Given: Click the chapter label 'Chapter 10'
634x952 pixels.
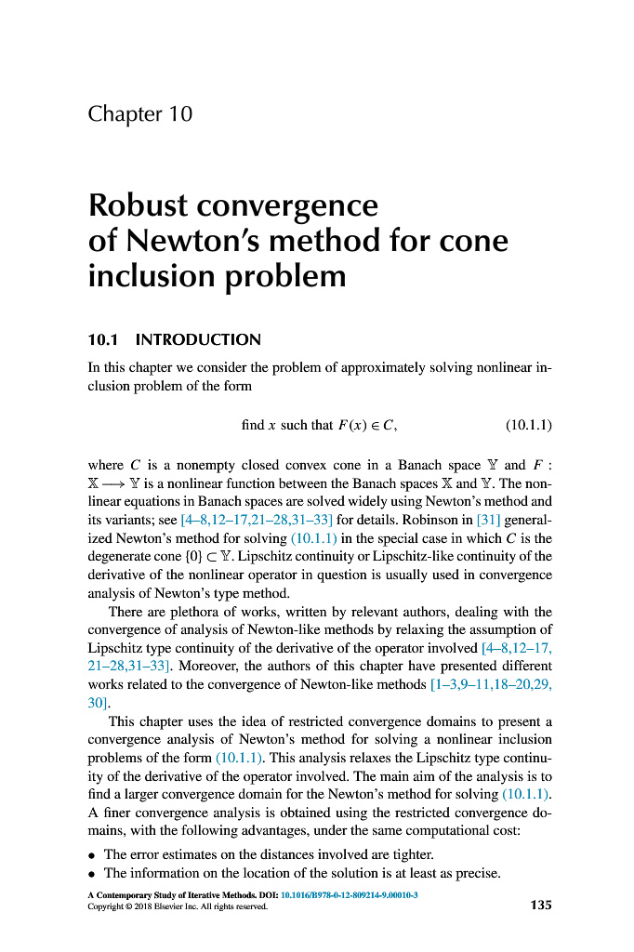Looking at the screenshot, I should pos(139,114).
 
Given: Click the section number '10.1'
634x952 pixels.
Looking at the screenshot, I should pos(103,339).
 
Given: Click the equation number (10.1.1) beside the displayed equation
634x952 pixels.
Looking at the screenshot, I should pos(529,426).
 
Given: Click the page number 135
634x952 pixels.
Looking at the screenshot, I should pos(541,904).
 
